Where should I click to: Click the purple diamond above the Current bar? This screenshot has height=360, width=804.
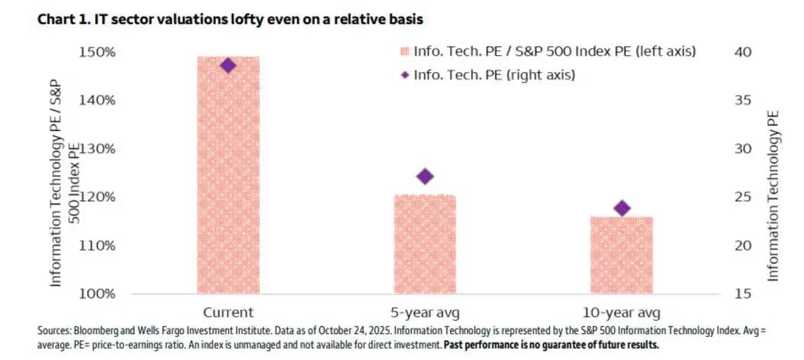coord(227,65)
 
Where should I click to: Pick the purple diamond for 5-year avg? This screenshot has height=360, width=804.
coord(425,176)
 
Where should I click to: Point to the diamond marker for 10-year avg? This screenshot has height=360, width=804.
coord(623,208)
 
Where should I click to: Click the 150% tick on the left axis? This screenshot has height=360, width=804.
coord(98,52)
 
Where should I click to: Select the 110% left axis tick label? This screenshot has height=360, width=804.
coord(98,246)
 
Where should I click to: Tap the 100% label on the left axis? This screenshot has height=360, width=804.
coord(98,294)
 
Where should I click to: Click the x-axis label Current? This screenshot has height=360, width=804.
coord(227,313)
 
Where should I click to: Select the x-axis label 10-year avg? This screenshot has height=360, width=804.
coord(622,313)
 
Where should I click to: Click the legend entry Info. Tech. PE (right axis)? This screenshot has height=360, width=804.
coord(494,75)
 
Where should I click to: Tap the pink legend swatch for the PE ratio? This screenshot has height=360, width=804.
coord(404,52)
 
